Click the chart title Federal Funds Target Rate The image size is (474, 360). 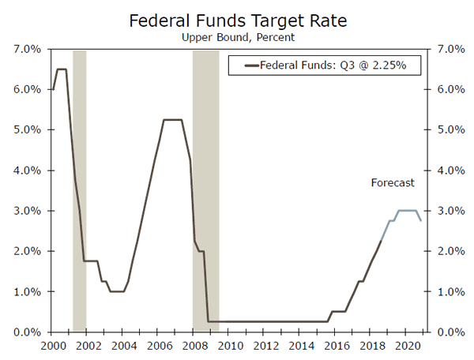[236, 20]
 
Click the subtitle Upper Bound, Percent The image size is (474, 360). [236, 36]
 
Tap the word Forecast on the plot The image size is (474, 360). [393, 183]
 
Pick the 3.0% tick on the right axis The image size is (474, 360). [444, 211]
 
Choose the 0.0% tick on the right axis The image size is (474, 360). [444, 332]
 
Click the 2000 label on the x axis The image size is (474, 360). [53, 346]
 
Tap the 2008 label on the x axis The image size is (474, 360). [194, 346]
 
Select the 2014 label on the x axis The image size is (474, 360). [301, 346]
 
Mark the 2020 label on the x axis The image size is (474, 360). [407, 346]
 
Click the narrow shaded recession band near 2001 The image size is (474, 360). [79, 189]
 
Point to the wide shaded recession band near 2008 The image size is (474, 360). [205, 189]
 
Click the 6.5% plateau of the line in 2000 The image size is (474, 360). [61, 69]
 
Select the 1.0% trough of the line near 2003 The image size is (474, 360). [117, 291]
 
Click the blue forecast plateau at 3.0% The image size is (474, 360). [407, 211]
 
